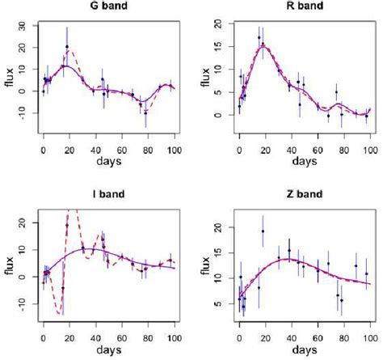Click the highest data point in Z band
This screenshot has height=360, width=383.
click(x=263, y=231)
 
